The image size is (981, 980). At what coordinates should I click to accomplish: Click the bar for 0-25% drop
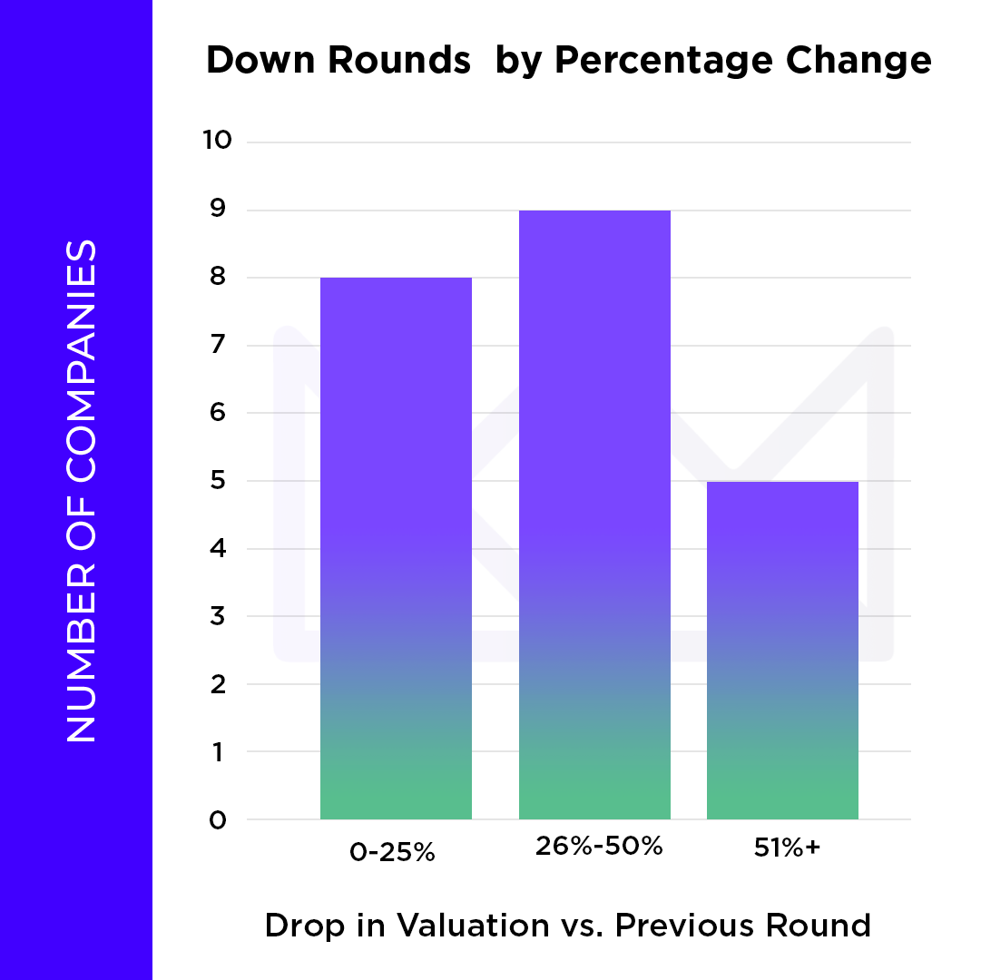pyautogui.click(x=396, y=549)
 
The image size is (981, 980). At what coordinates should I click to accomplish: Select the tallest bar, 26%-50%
pyautogui.click(x=594, y=515)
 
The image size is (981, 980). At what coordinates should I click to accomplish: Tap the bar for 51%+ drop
pyautogui.click(x=782, y=651)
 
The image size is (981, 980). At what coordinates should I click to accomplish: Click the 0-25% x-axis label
pyautogui.click(x=393, y=853)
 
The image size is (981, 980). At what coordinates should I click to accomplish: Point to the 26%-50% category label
pyautogui.click(x=597, y=847)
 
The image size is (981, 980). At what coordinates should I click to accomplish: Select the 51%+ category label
pyautogui.click(x=787, y=848)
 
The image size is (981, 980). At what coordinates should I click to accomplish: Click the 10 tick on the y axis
pyautogui.click(x=217, y=142)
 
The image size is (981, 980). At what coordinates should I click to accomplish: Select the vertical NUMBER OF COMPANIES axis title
pyautogui.click(x=81, y=490)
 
